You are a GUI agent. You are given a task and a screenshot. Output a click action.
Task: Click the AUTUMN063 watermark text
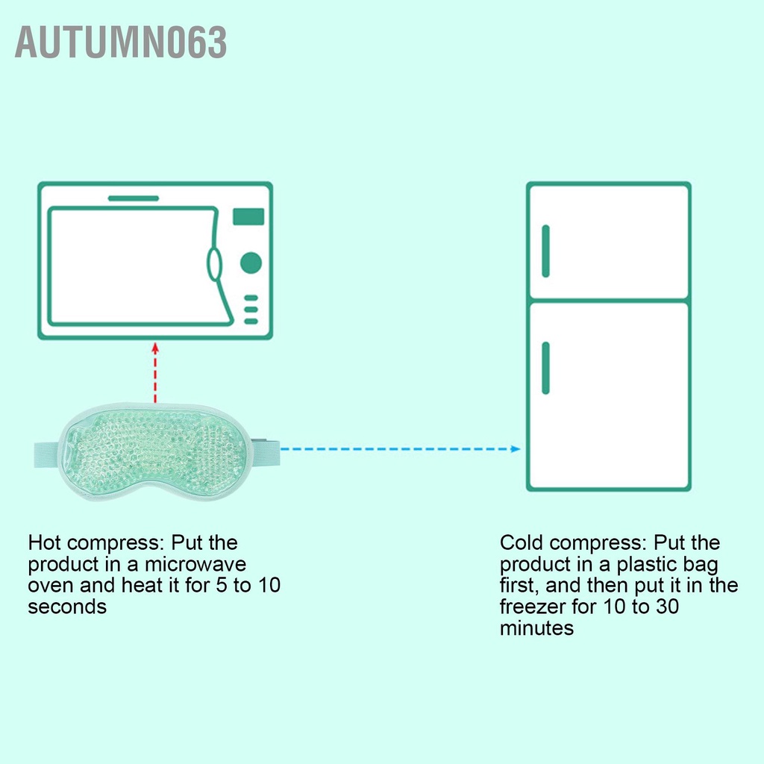(121, 43)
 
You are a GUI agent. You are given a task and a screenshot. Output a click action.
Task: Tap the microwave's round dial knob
(251, 263)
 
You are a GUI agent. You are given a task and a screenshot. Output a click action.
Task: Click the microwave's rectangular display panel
(248, 216)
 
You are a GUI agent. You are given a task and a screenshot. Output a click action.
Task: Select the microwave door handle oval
(214, 264)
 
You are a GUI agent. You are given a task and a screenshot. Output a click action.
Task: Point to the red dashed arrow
(155, 373)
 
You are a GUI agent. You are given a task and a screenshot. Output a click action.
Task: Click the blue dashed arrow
(403, 449)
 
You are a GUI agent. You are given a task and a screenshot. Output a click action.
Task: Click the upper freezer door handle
(545, 251)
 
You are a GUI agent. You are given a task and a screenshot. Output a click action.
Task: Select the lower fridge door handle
(545, 367)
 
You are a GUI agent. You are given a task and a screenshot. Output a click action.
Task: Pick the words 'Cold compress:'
(567, 543)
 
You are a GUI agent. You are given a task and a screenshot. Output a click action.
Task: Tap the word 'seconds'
(67, 607)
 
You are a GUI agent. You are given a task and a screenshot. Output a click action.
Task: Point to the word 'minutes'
(536, 629)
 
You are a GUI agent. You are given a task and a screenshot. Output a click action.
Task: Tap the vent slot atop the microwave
(134, 198)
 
